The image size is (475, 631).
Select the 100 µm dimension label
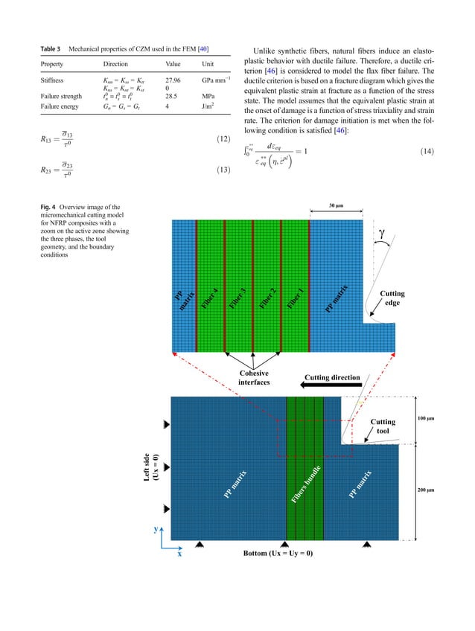tap(432, 419)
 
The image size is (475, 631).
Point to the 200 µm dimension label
tap(432, 492)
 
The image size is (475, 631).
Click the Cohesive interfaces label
tap(254, 378)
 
